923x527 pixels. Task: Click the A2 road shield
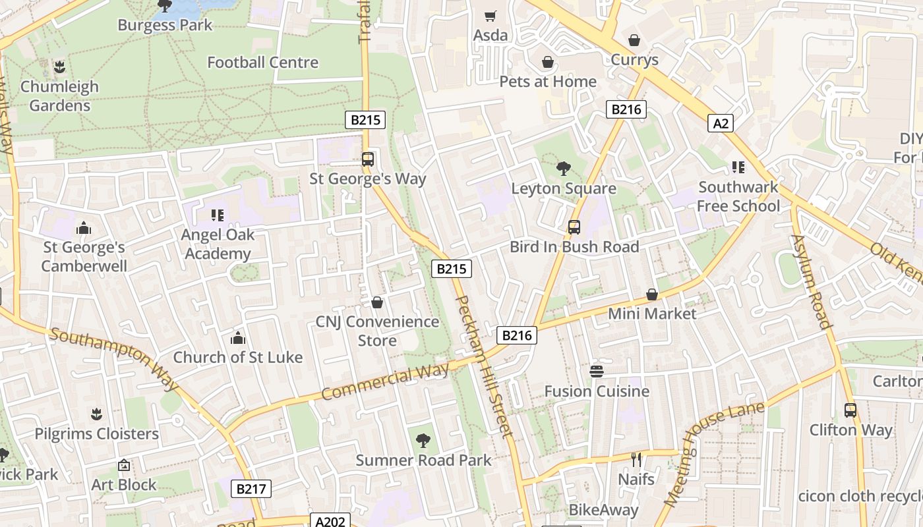click(x=721, y=123)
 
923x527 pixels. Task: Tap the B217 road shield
click(x=251, y=489)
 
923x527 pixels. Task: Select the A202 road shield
click(x=330, y=521)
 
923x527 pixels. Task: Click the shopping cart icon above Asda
click(x=490, y=16)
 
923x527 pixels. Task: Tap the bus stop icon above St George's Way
click(x=368, y=159)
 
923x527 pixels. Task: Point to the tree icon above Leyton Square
click(x=563, y=169)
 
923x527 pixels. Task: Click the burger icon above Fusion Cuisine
click(x=597, y=372)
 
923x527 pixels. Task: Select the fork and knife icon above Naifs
click(x=636, y=459)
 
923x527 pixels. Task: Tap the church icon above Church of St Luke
click(x=238, y=339)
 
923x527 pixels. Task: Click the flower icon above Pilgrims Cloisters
click(x=97, y=414)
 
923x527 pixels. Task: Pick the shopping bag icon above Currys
click(x=634, y=41)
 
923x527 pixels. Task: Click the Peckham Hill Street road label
click(x=484, y=366)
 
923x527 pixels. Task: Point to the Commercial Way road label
click(x=385, y=382)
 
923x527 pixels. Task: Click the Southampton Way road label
click(x=113, y=359)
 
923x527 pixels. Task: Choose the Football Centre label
click(x=262, y=63)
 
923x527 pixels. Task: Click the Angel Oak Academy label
click(x=218, y=244)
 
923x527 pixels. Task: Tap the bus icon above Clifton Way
click(x=850, y=410)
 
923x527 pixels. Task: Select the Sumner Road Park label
click(x=423, y=460)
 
